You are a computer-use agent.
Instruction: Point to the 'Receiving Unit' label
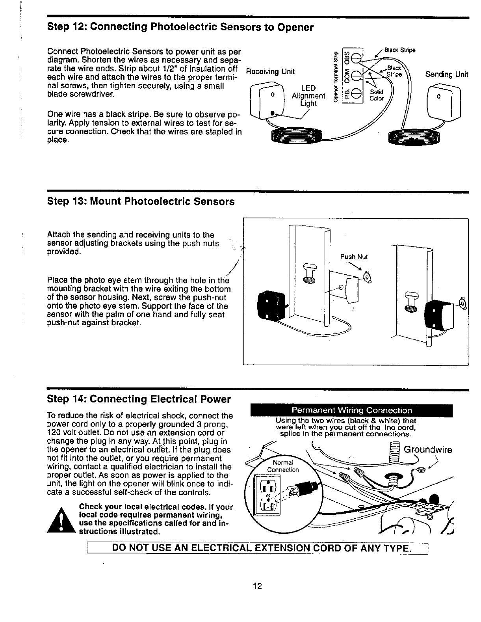pos(270,71)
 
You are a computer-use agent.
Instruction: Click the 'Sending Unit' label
pos(447,74)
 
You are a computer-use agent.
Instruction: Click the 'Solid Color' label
pos(376,95)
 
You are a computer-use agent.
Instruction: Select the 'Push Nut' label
pos(354,257)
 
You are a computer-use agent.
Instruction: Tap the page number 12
pos(258,586)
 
